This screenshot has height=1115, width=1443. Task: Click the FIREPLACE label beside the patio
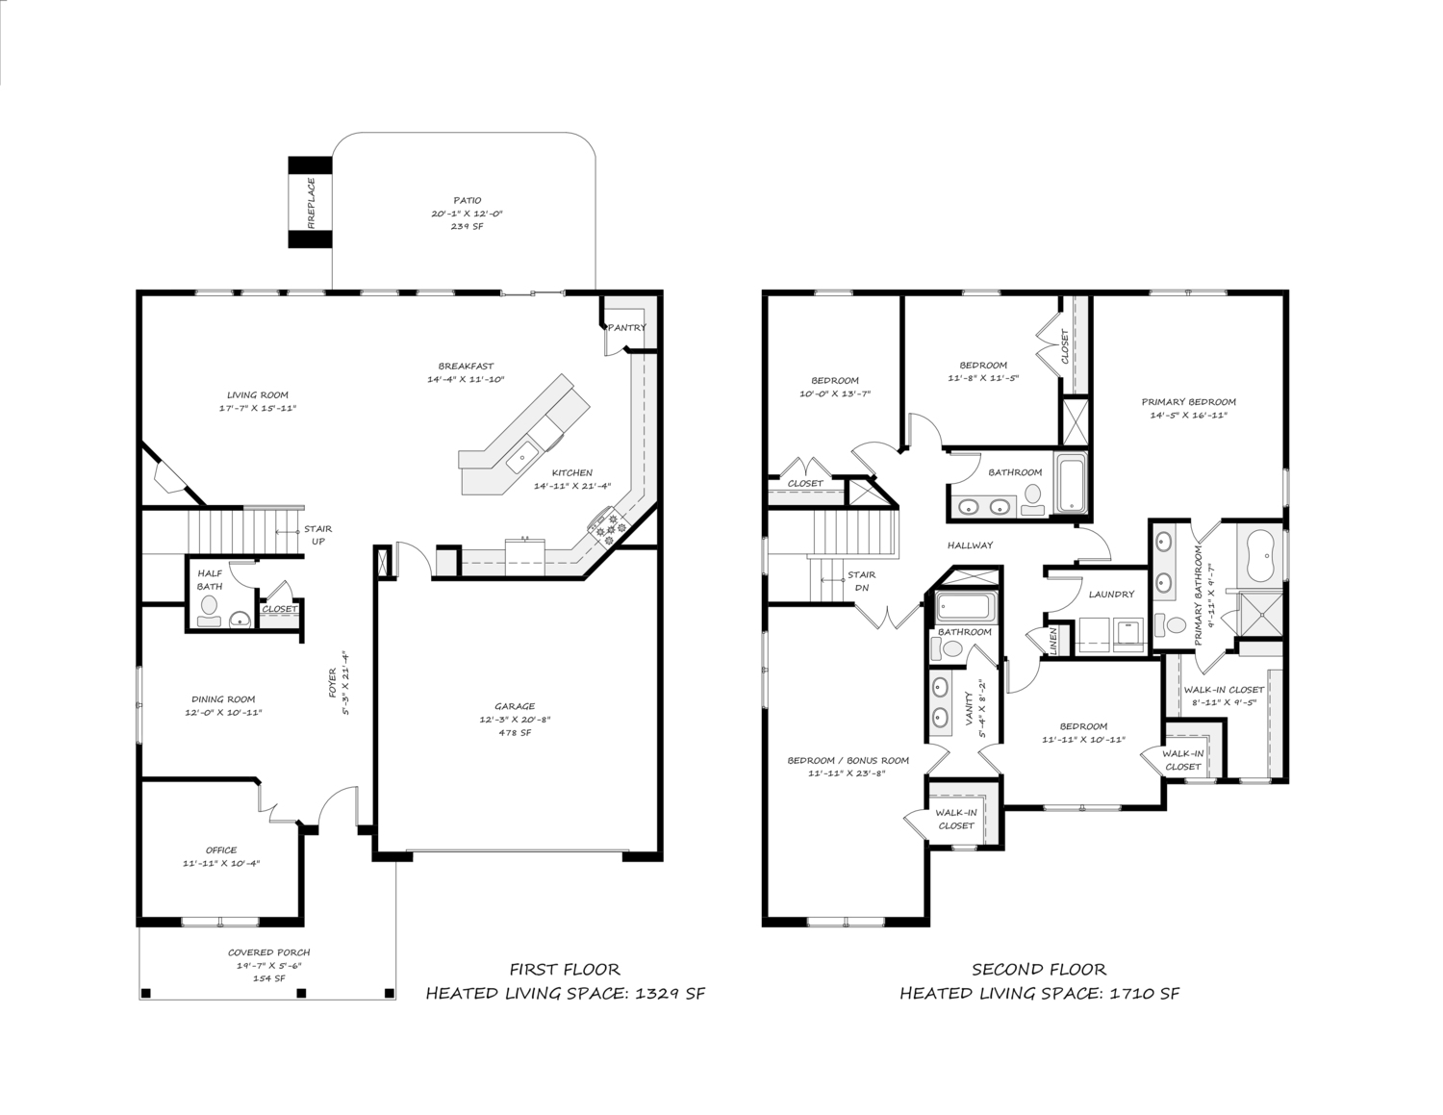311,203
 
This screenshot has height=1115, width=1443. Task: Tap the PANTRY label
627,327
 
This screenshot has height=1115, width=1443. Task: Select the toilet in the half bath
209,611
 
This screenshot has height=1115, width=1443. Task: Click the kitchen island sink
523,457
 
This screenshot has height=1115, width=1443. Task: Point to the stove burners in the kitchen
607,526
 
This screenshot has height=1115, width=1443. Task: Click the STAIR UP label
318,535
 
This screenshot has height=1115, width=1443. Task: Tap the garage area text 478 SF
515,732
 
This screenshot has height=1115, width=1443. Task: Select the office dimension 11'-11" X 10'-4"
221,863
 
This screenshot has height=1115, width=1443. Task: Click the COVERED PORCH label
269,952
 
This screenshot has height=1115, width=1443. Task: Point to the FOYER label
333,683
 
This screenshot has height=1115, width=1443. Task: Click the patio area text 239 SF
467,226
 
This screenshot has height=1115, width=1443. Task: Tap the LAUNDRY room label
1112,595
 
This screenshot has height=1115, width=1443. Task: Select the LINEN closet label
1053,641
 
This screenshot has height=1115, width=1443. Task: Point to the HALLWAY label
971,545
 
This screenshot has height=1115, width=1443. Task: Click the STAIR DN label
861,581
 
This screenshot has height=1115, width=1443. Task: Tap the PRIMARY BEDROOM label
1189,402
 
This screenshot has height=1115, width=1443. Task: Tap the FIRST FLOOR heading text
565,970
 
